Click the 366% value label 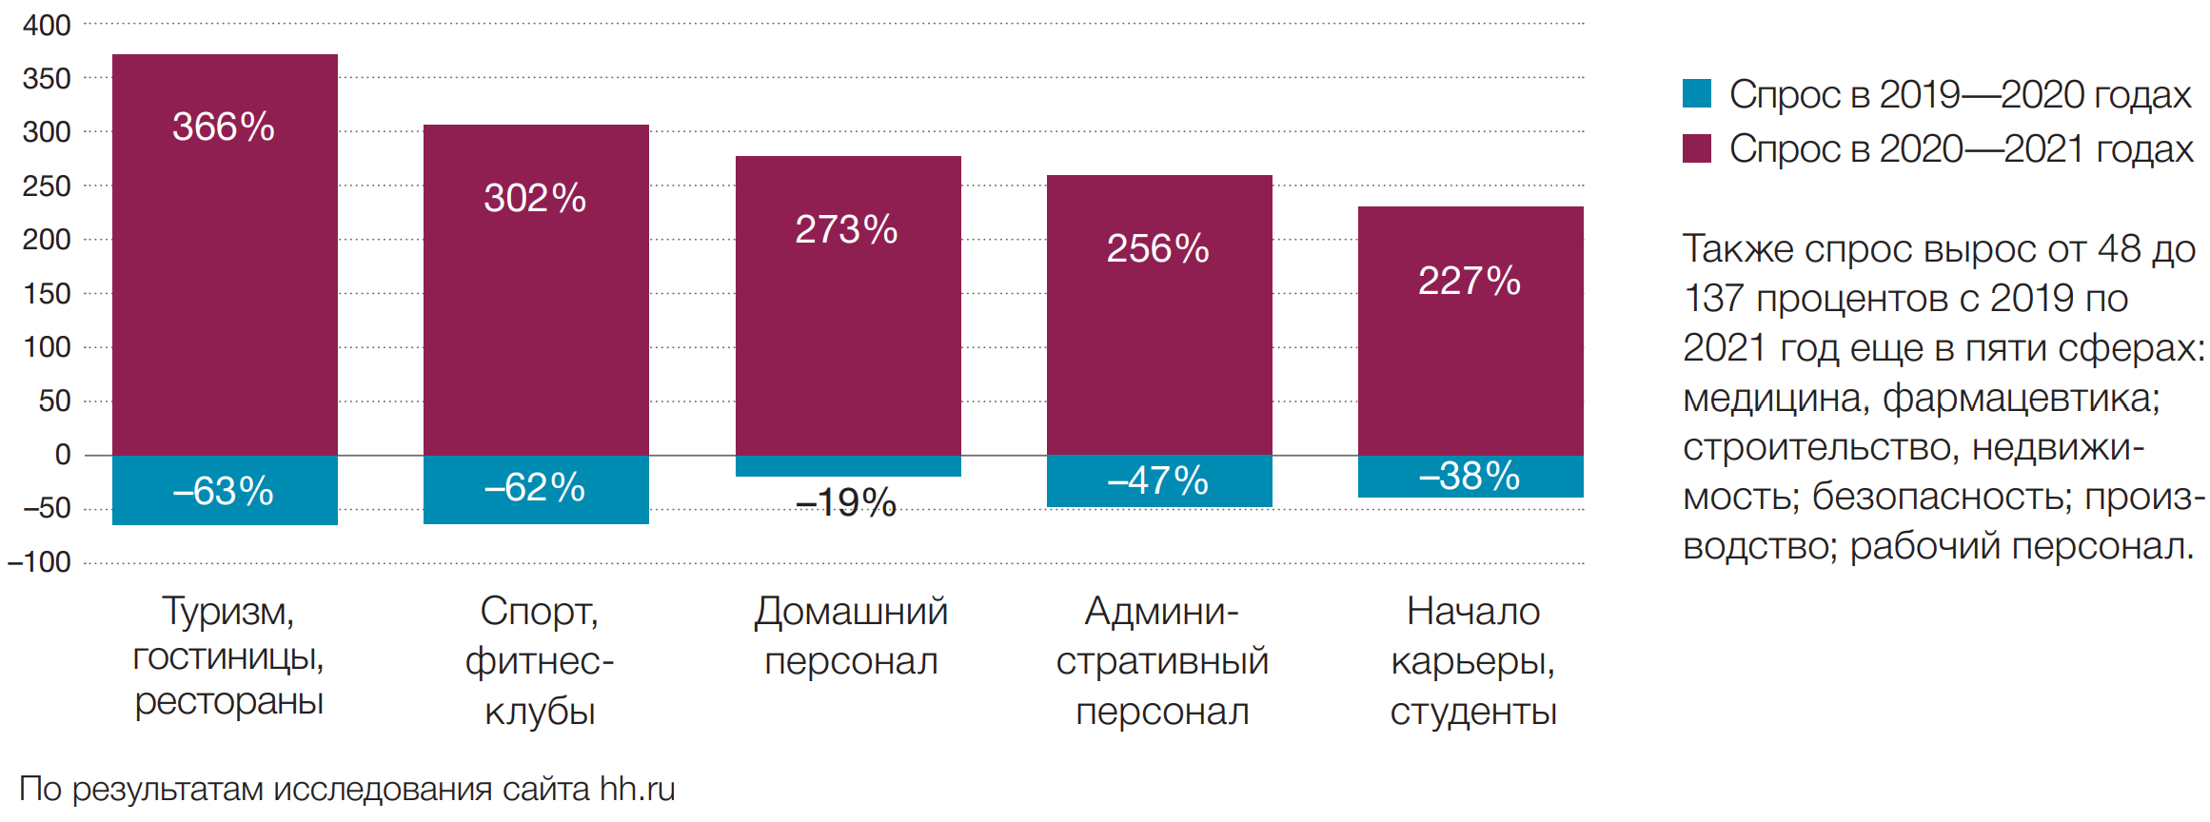click(x=224, y=127)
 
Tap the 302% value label click(x=535, y=198)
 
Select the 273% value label click(x=846, y=229)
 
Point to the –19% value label click(x=846, y=502)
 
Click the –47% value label click(x=1157, y=480)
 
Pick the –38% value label click(x=1470, y=476)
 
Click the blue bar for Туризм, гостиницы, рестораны click(x=225, y=514)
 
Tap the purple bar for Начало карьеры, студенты click(x=1470, y=371)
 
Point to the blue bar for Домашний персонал click(x=848, y=466)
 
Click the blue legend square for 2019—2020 click(x=1697, y=93)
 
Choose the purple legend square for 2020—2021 click(x=1697, y=148)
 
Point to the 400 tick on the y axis click(x=47, y=25)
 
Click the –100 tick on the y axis click(x=39, y=562)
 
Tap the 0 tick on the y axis click(x=63, y=455)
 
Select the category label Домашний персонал click(x=851, y=636)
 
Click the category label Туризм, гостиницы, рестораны click(x=228, y=656)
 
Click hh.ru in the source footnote click(x=637, y=789)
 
